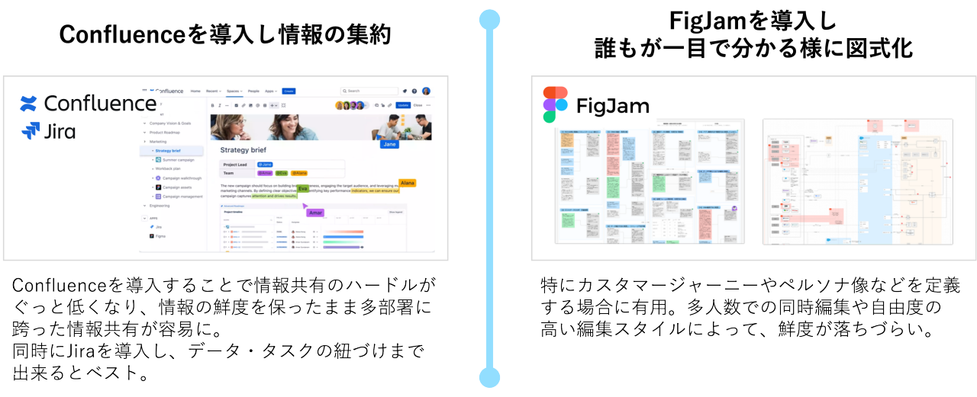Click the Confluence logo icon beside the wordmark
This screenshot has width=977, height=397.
[29, 103]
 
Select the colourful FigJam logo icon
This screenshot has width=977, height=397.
[555, 104]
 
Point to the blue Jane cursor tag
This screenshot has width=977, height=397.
[389, 143]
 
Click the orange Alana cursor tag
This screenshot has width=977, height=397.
[407, 183]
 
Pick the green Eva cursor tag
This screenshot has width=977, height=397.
[303, 188]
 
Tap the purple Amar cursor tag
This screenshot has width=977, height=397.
[316, 213]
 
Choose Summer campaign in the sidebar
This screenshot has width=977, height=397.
[176, 160]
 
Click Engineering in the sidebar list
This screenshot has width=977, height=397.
[160, 206]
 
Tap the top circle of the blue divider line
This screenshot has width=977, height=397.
[489, 19]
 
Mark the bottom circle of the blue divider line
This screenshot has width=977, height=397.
[489, 376]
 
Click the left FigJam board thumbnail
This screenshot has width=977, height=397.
[649, 181]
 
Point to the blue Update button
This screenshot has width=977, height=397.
[403, 105]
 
